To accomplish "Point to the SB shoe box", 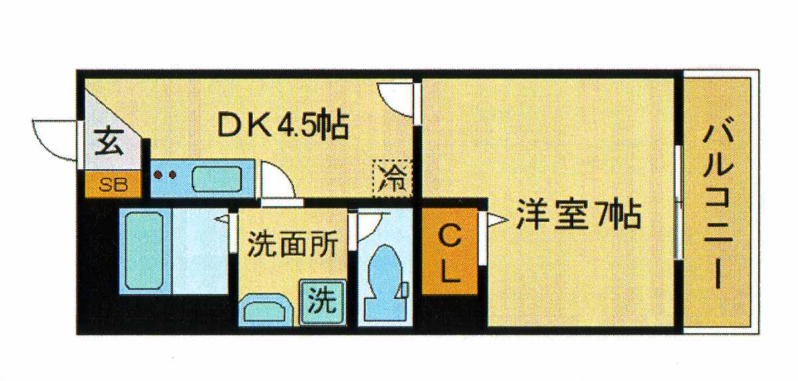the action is click(x=113, y=185).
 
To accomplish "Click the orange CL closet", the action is click(x=450, y=252).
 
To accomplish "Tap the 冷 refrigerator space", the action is click(x=392, y=179).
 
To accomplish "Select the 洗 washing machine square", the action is click(x=323, y=302).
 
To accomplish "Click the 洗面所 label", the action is click(x=293, y=244).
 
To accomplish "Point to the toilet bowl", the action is click(x=384, y=282).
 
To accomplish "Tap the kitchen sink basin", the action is click(x=217, y=179).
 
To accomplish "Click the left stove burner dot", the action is click(x=158, y=175).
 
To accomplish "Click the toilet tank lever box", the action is click(x=405, y=289).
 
